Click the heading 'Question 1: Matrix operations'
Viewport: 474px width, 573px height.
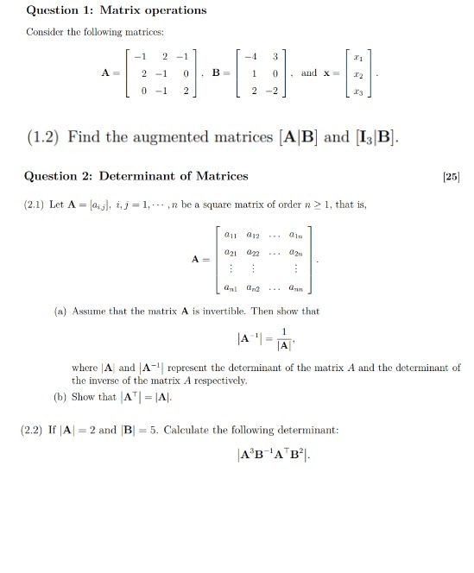(105, 10)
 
